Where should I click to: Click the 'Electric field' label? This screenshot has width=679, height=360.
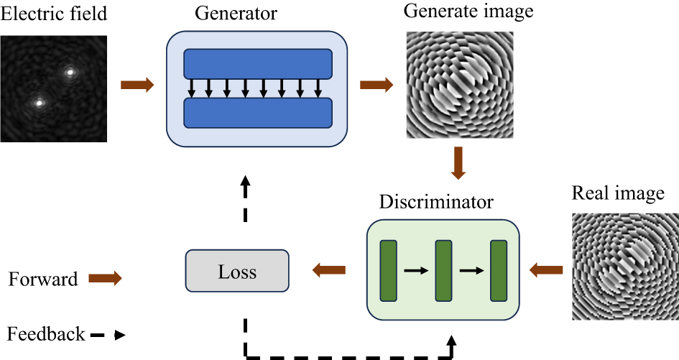tap(54, 14)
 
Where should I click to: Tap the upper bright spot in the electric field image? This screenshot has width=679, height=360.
tap(70, 72)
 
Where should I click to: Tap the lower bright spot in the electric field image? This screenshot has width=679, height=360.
tap(39, 103)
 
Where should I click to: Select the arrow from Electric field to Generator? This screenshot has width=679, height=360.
tap(137, 86)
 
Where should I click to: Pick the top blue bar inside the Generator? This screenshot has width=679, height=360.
tap(258, 64)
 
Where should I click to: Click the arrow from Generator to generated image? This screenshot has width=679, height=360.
tap(376, 86)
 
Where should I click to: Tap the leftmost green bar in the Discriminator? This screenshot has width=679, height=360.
tap(389, 271)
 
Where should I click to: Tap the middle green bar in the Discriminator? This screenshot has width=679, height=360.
tap(443, 271)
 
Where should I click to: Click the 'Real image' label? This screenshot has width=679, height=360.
tap(617, 194)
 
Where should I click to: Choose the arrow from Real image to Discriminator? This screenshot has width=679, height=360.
tap(546, 270)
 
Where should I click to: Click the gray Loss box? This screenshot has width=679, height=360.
tap(236, 271)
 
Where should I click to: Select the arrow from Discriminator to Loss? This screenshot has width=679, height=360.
tap(328, 271)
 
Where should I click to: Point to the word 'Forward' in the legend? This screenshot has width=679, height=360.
tap(43, 279)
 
